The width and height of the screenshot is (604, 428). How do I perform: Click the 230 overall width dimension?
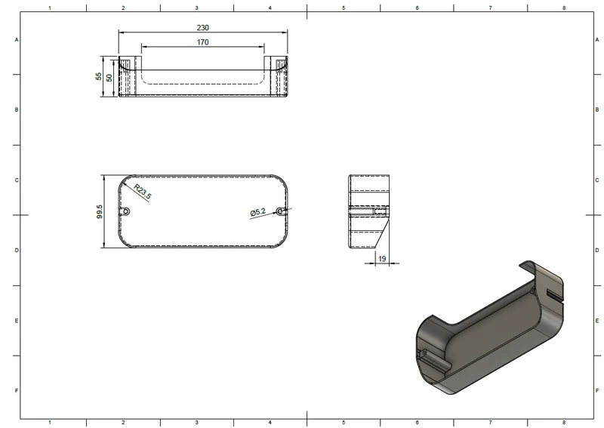(202, 28)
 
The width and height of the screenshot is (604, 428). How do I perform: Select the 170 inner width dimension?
(202, 42)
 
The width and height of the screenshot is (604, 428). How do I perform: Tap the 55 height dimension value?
(99, 76)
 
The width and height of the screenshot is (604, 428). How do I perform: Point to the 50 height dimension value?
(109, 78)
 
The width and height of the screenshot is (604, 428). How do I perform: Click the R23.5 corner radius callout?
(143, 192)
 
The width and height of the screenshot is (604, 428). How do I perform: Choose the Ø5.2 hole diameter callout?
(257, 212)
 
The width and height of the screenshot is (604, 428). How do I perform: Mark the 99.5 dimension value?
(100, 211)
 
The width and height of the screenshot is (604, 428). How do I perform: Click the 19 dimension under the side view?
(382, 258)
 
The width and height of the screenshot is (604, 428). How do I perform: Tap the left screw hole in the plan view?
(126, 211)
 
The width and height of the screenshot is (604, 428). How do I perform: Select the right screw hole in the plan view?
(280, 211)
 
